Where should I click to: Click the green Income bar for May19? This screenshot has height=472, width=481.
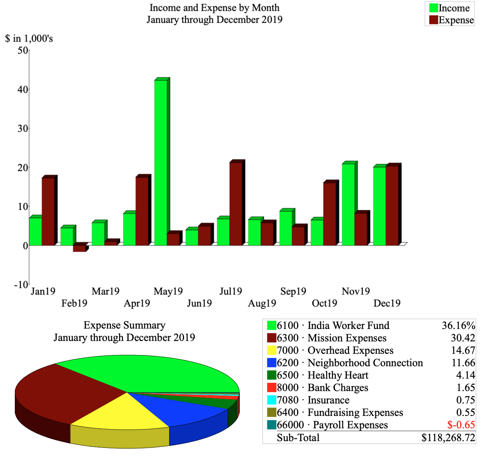[x=160, y=162]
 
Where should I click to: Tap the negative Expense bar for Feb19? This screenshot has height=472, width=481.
[x=79, y=248]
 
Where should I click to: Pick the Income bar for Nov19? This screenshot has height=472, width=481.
[x=348, y=204]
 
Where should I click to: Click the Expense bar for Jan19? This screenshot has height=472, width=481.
[x=48, y=211]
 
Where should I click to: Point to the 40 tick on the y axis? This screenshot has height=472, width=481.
[x=22, y=89]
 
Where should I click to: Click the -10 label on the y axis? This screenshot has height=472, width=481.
[x=21, y=284]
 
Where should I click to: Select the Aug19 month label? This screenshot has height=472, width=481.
[x=262, y=303]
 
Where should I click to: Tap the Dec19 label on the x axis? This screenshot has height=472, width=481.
[x=387, y=303]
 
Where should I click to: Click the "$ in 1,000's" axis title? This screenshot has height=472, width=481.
[x=29, y=38]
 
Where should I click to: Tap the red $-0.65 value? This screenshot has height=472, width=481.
[x=461, y=425]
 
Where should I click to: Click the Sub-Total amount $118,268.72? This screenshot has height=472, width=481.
[x=448, y=438]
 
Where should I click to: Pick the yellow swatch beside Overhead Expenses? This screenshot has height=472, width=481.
[x=271, y=351]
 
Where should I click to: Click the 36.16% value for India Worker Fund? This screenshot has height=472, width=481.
[x=458, y=325]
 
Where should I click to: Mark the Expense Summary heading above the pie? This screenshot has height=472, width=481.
[x=124, y=325]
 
